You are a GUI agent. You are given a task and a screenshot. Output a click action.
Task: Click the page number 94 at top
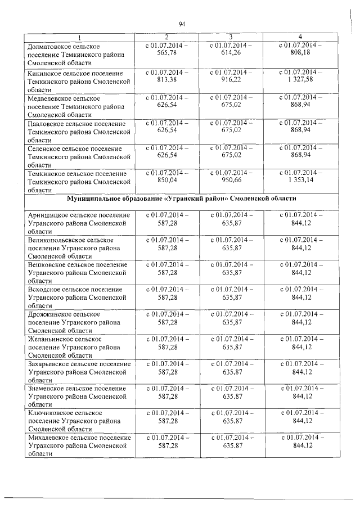pos(182,24)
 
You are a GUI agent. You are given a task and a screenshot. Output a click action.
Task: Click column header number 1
pos(79,37)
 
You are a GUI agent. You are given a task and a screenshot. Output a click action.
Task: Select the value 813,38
pos(167,80)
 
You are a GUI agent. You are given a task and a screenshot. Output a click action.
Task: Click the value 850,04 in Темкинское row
pos(167,181)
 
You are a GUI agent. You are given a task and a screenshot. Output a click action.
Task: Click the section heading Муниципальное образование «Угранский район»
pos(182,199)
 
